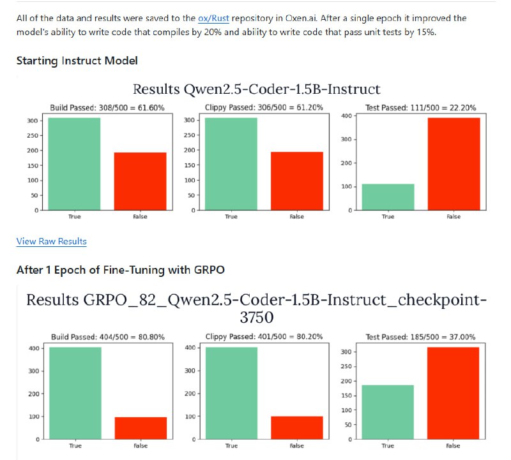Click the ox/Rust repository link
click(213, 19)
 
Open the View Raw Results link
click(51, 241)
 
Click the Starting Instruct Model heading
click(77, 61)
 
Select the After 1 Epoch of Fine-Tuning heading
click(120, 270)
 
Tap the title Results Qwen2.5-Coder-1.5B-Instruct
click(256, 89)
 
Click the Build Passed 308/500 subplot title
click(107, 108)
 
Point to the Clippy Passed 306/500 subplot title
click(264, 108)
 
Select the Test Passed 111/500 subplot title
click(420, 108)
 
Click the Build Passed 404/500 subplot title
click(107, 337)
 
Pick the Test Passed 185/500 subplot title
click(420, 337)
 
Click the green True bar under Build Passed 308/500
click(74, 164)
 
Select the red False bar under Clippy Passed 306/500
click(296, 181)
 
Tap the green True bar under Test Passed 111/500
click(388, 197)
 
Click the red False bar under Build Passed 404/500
click(140, 428)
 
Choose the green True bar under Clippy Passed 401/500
click(231, 393)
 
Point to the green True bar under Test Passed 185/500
click(388, 412)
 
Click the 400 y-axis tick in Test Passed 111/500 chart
click(346, 115)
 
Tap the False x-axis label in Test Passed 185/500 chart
click(454, 446)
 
